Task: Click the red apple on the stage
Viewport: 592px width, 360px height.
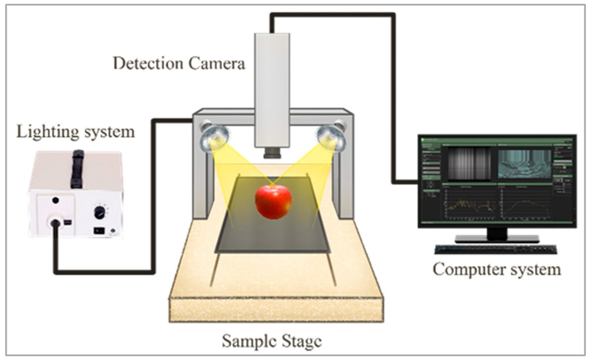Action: click(x=273, y=201)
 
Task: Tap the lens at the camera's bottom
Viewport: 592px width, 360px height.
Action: click(x=272, y=152)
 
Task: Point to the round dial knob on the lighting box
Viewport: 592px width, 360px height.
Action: click(x=100, y=213)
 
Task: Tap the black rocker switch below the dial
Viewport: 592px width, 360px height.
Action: click(x=99, y=230)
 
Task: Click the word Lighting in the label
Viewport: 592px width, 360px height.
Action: click(x=43, y=132)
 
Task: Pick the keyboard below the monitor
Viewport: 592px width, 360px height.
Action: click(x=495, y=249)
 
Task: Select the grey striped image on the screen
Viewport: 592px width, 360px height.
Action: click(x=469, y=163)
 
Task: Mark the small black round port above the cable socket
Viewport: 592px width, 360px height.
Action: click(x=56, y=200)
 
